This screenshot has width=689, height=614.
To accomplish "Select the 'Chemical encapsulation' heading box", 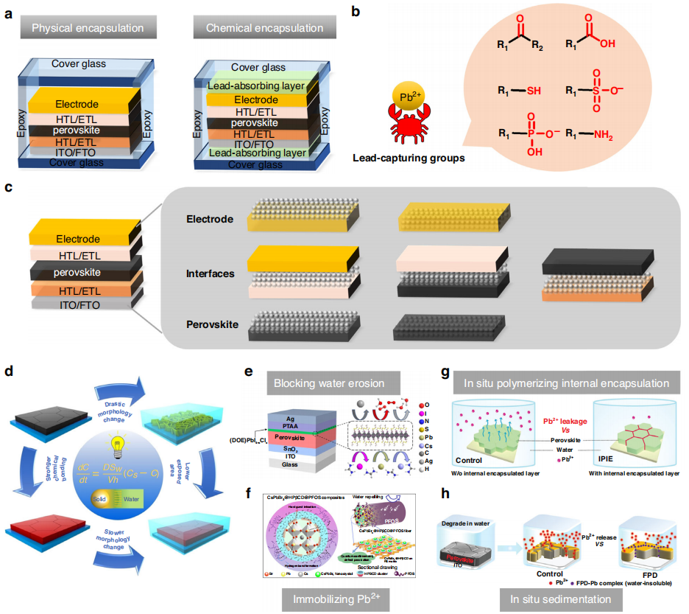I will point(258,29).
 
